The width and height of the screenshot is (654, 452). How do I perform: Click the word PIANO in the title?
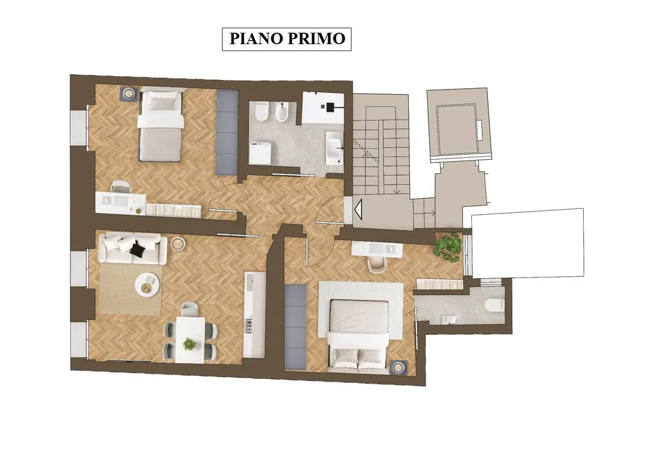pyautogui.click(x=255, y=38)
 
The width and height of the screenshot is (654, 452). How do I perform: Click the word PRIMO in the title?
pyautogui.click(x=316, y=38)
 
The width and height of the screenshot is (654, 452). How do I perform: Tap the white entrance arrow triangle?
pyautogui.click(x=359, y=208)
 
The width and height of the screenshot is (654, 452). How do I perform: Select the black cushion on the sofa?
pyautogui.click(x=138, y=249)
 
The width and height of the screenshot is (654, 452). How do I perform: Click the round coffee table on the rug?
pyautogui.click(x=148, y=285)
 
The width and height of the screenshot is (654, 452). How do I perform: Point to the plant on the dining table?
pyautogui.click(x=189, y=344)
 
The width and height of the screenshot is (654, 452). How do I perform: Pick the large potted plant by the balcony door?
pyautogui.click(x=448, y=248)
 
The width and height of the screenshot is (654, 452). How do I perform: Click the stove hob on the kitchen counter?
pyautogui.click(x=249, y=325)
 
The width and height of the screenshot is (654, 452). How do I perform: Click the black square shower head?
pyautogui.click(x=331, y=107)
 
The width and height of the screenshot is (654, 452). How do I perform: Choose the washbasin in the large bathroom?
pyautogui.click(x=335, y=148)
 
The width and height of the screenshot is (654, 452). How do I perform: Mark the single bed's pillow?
pyautogui.click(x=160, y=101)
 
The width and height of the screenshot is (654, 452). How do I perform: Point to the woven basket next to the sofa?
pyautogui.click(x=179, y=244)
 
